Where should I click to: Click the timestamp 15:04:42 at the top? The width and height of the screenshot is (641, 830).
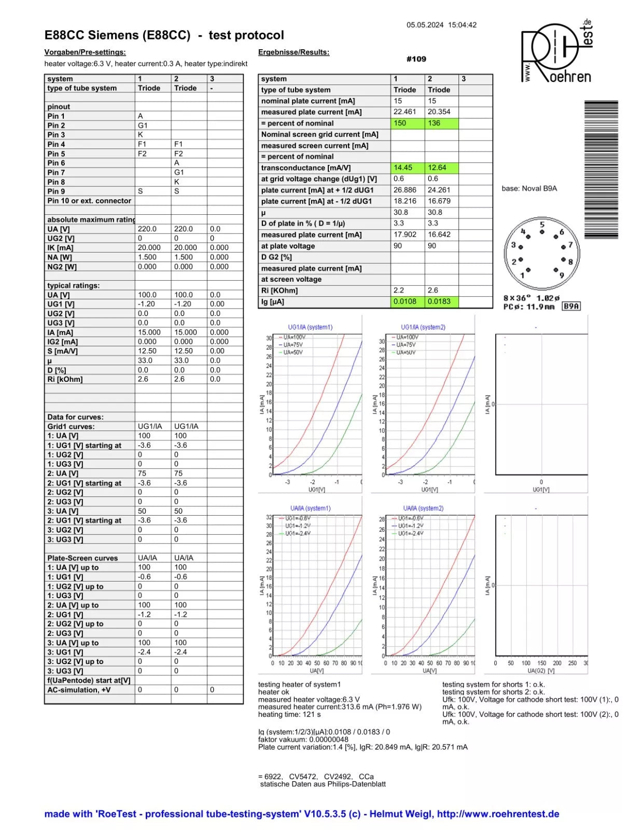tap(462, 25)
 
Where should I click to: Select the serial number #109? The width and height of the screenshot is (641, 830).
tap(416, 59)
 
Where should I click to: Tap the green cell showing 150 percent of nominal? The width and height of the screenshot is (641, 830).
tap(408, 123)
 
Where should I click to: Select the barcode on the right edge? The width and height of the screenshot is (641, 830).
tap(601, 169)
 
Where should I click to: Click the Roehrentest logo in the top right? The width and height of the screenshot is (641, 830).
tap(556, 52)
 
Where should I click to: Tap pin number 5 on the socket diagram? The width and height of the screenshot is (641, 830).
tap(542, 225)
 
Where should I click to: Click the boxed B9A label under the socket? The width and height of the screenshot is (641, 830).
tap(571, 307)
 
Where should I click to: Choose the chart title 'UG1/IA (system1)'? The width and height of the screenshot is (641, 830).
tap(310, 327)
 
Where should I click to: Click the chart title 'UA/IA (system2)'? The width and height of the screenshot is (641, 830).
tap(423, 508)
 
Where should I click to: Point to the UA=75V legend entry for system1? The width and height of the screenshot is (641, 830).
tap(293, 345)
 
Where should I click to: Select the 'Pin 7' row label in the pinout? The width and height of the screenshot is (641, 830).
tap(56, 173)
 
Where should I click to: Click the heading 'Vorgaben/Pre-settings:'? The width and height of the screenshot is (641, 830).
tap(85, 52)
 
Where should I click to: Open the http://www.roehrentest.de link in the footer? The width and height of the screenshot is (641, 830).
tap(498, 814)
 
